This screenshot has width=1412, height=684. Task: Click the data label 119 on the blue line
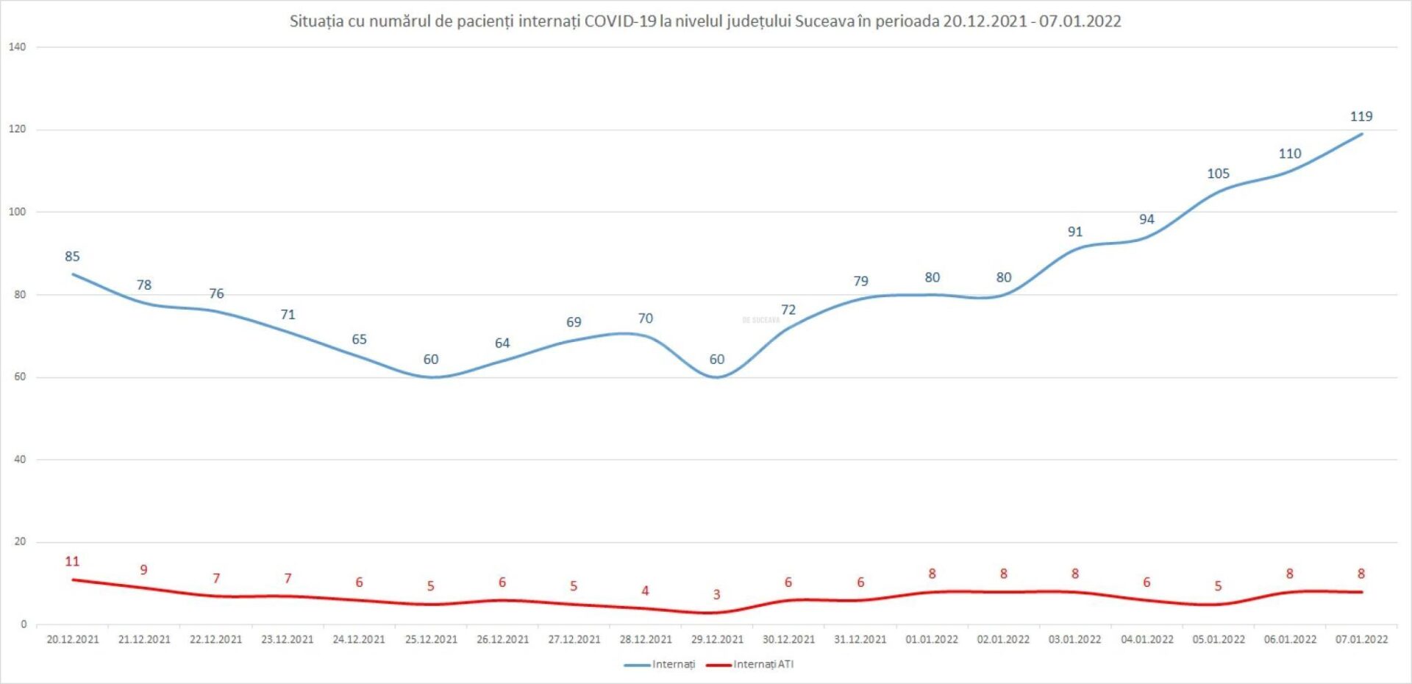pyautogui.click(x=1361, y=116)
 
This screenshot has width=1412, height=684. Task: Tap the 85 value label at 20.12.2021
pyautogui.click(x=72, y=257)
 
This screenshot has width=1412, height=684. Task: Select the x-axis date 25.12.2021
pyautogui.click(x=431, y=640)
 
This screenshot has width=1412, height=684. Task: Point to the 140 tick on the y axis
pyautogui.click(x=17, y=47)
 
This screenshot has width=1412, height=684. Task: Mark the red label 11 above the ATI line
pyautogui.click(x=72, y=562)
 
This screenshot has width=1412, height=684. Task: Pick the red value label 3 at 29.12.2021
pyautogui.click(x=716, y=595)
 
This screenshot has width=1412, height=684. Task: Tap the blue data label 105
pyautogui.click(x=1218, y=174)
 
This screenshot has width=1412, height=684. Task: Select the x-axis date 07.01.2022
pyautogui.click(x=1361, y=640)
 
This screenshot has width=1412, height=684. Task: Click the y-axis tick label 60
pyautogui.click(x=19, y=377)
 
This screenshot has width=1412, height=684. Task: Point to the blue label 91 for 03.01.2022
pyautogui.click(x=1075, y=232)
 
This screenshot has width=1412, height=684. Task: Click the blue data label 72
pyautogui.click(x=788, y=310)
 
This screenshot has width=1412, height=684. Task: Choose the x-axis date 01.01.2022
pyautogui.click(x=932, y=640)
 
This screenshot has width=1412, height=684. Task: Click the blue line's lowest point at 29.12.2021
pyautogui.click(x=716, y=377)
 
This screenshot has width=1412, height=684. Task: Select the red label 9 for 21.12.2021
pyautogui.click(x=143, y=570)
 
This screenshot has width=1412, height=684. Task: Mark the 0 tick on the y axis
pyautogui.click(x=24, y=624)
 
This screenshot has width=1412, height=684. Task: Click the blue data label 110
pyautogui.click(x=1290, y=154)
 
